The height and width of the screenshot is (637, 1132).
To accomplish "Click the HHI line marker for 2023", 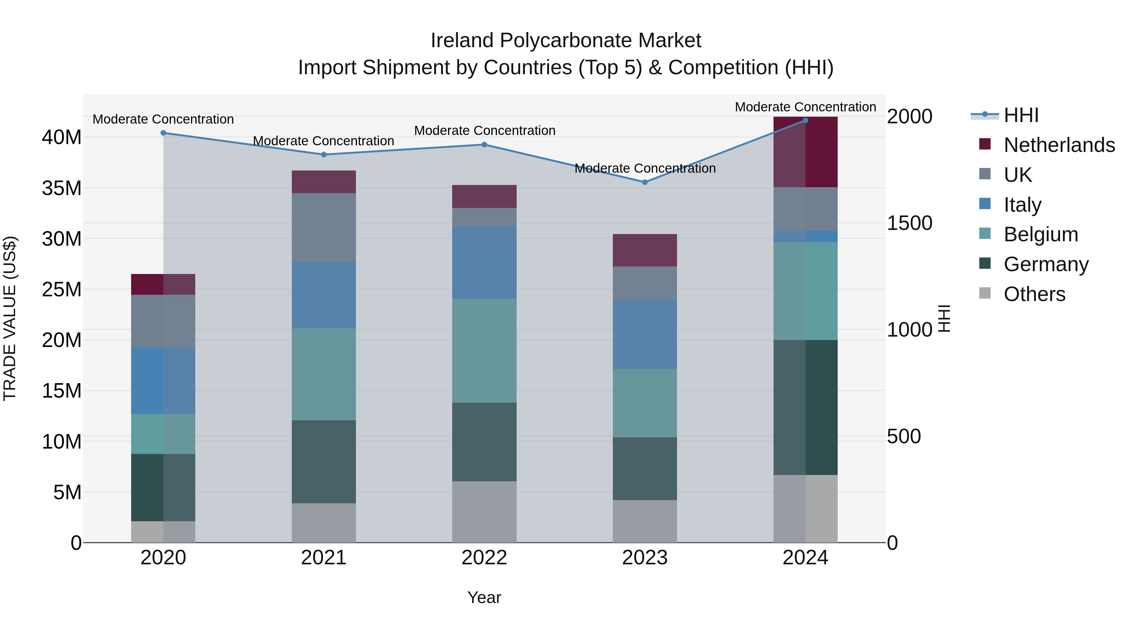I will pos(645,182).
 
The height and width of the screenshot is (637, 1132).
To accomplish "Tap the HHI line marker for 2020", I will pos(163,133).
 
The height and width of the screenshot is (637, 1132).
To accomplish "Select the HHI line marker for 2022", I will pos(484,145).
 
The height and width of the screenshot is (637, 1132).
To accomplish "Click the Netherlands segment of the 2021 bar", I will pos(324,182).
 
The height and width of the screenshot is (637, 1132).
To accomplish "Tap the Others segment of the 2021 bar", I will pos(324,523).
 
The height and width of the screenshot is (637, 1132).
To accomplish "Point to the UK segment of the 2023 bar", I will pos(645,283).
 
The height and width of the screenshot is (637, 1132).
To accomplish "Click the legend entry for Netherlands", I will pos(1059,145).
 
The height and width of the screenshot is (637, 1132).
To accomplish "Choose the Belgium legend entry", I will pos(1040,234).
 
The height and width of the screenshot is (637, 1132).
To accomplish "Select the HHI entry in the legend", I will pos(1021,115).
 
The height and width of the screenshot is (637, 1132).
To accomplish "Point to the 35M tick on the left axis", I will pos(62,188).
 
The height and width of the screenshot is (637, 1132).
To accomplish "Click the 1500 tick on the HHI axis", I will pos(909,223).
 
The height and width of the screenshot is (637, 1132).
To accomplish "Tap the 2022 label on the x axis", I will pos(484,558).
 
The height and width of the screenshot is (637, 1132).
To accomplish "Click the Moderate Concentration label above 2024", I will pos(805,107).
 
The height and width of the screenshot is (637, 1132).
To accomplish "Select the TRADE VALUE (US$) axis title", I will pos(10,318).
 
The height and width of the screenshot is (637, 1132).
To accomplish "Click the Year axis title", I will pos(484,597).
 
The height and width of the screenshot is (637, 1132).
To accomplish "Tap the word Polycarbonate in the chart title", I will pos(566,41).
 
